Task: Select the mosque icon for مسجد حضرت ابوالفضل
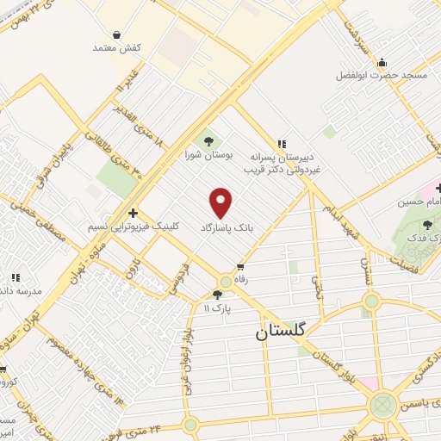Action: (x=382, y=62)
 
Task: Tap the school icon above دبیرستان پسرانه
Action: (x=281, y=145)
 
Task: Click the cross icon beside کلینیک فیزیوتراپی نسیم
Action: (x=133, y=213)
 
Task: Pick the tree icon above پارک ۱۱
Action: (x=227, y=295)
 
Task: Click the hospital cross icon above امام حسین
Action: (x=437, y=188)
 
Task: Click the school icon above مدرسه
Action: (x=15, y=277)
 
